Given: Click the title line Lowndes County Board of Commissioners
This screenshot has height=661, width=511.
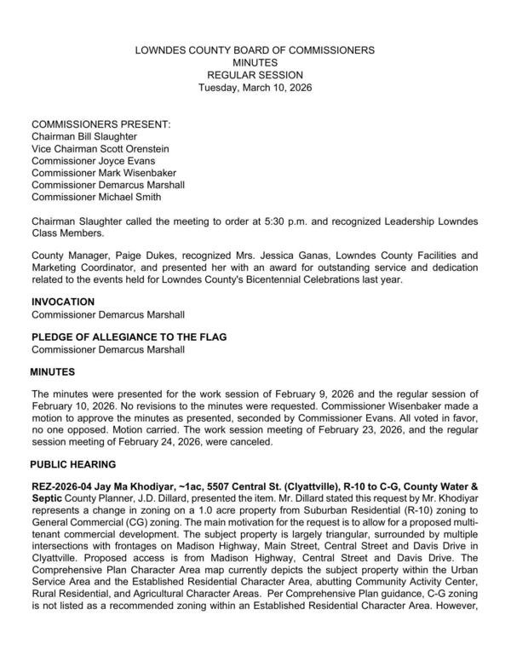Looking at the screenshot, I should pos(255,51).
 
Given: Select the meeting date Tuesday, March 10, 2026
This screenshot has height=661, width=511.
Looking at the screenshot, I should pos(255,88).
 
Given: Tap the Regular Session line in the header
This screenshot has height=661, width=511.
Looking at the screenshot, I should pos(255,76).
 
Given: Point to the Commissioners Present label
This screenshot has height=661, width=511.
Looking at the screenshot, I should pos(101,124).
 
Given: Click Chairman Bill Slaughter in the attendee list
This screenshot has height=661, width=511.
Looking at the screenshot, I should pos(83,136).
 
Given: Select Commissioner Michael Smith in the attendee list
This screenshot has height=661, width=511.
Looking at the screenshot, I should pos(96,197).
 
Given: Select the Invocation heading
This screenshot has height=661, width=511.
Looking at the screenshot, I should pos(63,302).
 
